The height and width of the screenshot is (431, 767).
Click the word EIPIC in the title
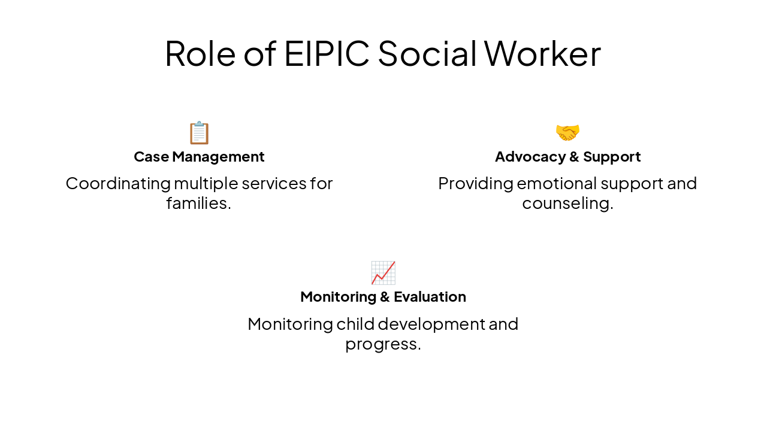(x=327, y=53)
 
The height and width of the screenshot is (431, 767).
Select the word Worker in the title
(x=542, y=53)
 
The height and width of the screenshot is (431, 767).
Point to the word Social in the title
(x=427, y=53)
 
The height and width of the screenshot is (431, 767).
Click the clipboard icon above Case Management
(x=199, y=133)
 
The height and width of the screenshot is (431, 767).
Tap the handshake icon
(x=567, y=132)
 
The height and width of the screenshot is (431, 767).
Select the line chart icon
(x=383, y=273)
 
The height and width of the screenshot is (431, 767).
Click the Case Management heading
(x=199, y=157)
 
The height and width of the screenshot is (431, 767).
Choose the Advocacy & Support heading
(x=567, y=157)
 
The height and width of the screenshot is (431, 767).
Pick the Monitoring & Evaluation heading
(x=383, y=297)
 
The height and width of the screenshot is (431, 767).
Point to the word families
(x=198, y=204)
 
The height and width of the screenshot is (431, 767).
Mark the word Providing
(x=475, y=183)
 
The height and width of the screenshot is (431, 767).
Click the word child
(x=355, y=324)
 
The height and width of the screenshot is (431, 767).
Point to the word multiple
(x=208, y=183)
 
